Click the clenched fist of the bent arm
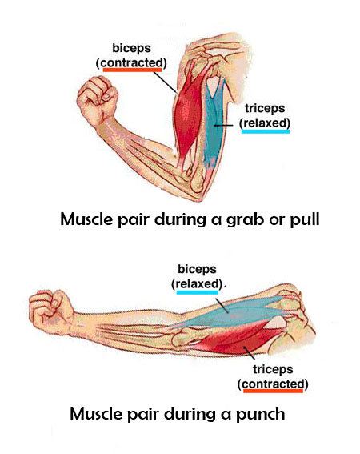point(98,99)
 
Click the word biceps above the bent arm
point(132,48)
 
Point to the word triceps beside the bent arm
point(265,108)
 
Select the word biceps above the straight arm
point(197,269)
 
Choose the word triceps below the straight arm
point(273,369)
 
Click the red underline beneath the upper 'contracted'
point(132,70)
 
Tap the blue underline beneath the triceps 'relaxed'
point(266,131)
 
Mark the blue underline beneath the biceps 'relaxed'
point(198,292)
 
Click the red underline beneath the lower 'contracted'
point(273,391)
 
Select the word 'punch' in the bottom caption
point(261,415)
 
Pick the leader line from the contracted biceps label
point(165,82)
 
